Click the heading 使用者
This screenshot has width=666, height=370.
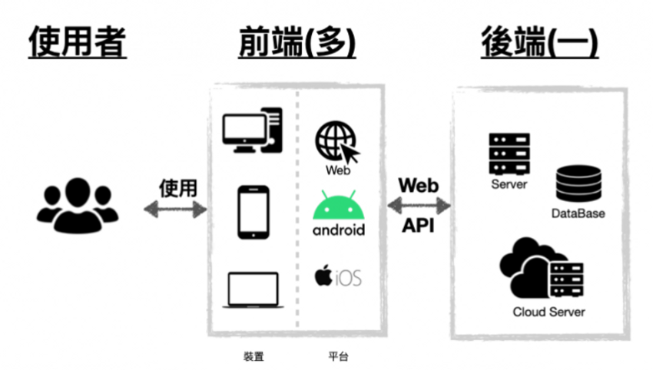78,43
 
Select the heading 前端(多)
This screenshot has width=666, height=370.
297,43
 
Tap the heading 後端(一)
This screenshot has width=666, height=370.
539,43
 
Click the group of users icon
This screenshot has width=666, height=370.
78,205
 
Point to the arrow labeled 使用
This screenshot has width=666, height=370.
176,208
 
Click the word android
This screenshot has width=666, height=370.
339,230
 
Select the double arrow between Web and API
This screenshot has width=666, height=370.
419,206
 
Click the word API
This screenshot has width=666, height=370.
419,227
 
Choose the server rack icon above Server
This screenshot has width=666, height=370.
509,154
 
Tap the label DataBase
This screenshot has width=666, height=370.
578,213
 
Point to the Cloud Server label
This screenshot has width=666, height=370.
548,312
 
